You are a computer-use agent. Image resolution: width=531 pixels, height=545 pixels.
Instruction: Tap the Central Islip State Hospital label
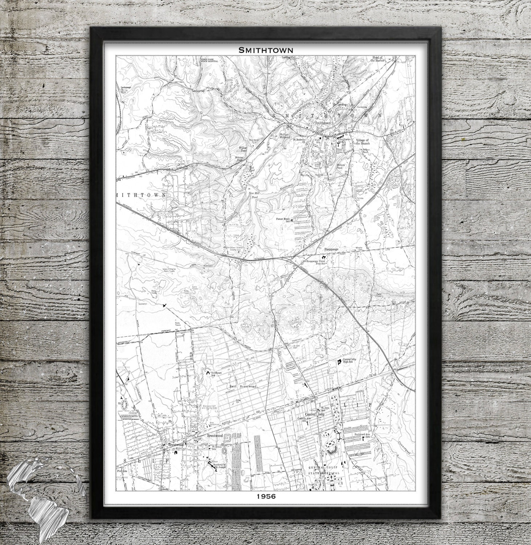324,471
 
